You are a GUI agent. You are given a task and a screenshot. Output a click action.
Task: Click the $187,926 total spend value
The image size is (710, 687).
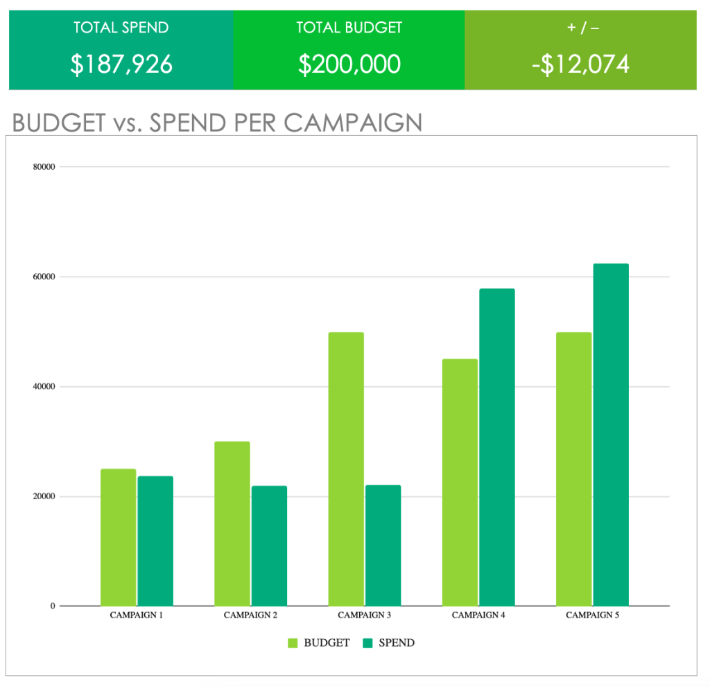point(121,64)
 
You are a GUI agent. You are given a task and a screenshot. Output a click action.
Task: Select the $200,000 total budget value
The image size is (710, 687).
point(349,64)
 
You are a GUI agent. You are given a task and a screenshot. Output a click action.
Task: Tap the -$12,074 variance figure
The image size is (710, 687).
point(580,64)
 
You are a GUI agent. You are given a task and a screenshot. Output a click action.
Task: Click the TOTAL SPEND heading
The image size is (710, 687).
point(121,28)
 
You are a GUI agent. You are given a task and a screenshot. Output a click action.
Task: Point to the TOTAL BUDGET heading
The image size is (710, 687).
point(349,28)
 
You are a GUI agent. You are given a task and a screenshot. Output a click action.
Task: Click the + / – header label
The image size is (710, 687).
point(580,28)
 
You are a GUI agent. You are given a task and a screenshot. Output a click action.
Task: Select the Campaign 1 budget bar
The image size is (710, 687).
point(118,537)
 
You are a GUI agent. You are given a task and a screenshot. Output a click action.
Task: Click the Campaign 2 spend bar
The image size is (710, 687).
point(269,546)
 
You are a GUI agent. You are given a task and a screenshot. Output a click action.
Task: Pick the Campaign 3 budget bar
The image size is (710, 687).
point(346,469)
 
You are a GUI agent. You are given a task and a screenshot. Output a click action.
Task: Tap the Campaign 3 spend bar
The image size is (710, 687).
point(383,545)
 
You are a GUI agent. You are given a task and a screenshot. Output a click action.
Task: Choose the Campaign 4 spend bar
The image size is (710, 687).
point(496,447)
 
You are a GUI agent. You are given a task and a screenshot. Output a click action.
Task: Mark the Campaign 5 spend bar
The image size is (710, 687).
point(610,435)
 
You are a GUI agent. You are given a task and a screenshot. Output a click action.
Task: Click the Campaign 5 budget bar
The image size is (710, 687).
point(573,469)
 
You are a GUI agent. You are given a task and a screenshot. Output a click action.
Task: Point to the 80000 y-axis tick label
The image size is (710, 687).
point(43,167)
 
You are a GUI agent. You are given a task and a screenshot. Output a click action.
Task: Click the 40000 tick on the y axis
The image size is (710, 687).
point(43,387)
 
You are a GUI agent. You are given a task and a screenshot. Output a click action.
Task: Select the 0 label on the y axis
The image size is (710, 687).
point(52,607)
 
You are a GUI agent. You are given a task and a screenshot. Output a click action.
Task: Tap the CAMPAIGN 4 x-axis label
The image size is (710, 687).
point(478,615)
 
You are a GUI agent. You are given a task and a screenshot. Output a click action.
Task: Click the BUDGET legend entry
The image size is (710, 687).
point(319,643)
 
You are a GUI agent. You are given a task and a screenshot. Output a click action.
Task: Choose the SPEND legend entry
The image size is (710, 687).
point(389,643)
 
